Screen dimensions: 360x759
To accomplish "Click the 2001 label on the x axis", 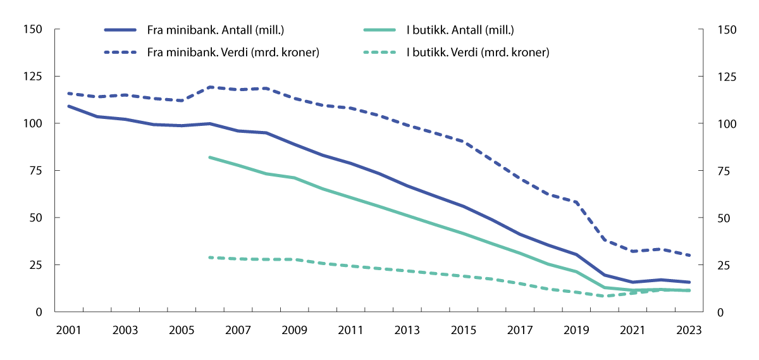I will [68, 330].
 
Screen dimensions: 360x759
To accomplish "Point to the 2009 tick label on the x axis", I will [293, 330].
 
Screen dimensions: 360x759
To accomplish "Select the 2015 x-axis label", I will [464, 330].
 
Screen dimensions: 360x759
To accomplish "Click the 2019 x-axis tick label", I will [576, 330].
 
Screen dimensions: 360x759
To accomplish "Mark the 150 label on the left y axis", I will [33, 30].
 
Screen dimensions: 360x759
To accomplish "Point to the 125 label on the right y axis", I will [725, 77].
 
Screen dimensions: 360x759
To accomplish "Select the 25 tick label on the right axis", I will [723, 265].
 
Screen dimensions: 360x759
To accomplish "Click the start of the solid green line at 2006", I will [209, 157].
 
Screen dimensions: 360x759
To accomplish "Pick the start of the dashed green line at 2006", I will [209, 258].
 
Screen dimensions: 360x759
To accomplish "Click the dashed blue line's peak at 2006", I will [209, 87].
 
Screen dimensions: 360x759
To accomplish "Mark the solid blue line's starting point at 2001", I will [68, 106].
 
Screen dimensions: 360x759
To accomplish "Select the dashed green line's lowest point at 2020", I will [605, 296].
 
